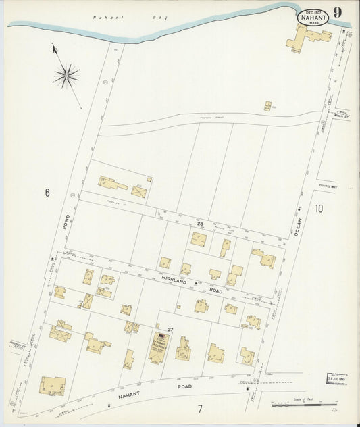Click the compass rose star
pos(66,75)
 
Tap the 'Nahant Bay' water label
pos(128,18)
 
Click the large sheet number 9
pos(337,12)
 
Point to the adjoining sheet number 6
pos(47,193)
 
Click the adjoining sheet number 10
pos(317,208)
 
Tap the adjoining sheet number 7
pos(200,409)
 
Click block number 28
pos(200,223)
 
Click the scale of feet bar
pos(305,405)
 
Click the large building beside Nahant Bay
pos(305,38)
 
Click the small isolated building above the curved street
pos(268,106)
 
